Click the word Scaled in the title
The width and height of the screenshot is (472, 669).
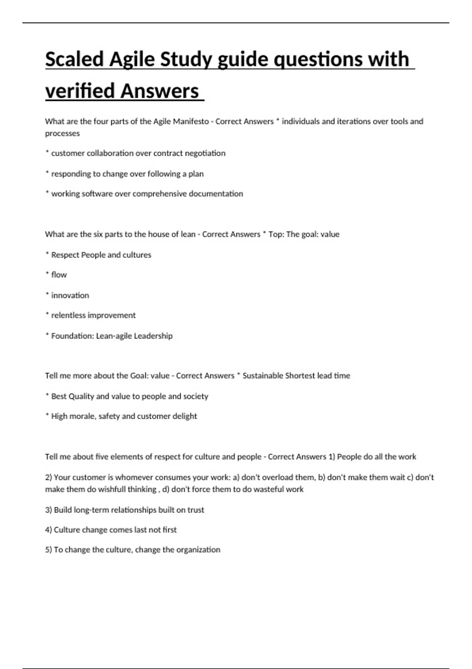pos(74,59)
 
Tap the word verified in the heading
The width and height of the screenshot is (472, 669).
pos(81,91)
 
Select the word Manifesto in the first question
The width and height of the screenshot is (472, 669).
pos(191,121)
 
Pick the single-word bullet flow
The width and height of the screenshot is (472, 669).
pos(59,275)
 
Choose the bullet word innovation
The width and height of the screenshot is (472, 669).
pos(70,295)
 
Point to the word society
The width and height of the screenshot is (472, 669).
pos(195,396)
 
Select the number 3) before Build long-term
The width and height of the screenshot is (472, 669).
pos(48,510)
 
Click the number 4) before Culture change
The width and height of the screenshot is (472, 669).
pos(48,530)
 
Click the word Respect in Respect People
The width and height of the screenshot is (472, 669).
pos(64,255)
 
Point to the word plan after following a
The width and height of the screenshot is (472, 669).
pos(196,174)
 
